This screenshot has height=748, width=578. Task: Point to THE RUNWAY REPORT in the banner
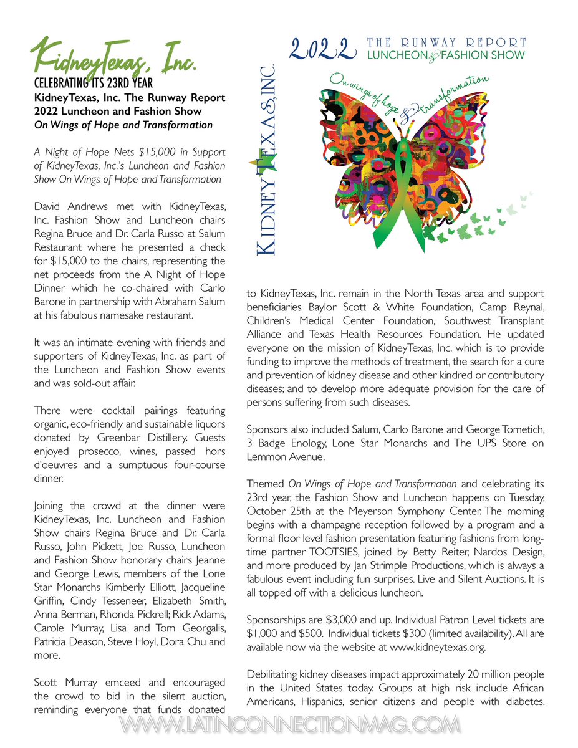coord(446,42)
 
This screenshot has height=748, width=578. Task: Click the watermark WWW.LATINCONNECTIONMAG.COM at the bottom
coord(289,725)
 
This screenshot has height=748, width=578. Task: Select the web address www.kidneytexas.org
coord(437,647)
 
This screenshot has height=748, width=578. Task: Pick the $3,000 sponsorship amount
coord(340,621)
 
